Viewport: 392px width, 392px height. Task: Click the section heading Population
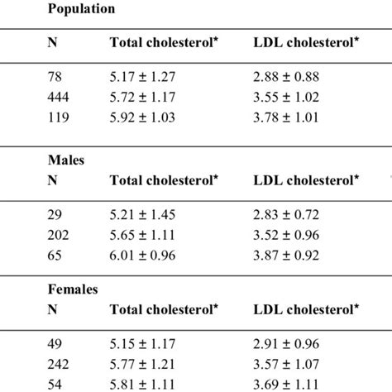pos(81,10)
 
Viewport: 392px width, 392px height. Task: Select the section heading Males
pos(65,164)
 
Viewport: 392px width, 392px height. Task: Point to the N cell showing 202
pos(60,234)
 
